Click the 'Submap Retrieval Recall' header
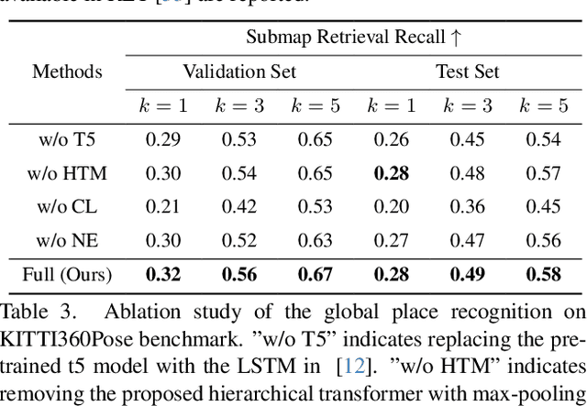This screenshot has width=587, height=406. click(x=344, y=38)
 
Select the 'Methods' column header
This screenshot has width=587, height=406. click(x=67, y=71)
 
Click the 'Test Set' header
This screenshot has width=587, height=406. click(x=468, y=71)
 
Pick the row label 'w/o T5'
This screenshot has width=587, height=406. click(x=67, y=140)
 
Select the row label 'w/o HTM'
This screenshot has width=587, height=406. click(x=67, y=173)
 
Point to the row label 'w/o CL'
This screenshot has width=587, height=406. click(x=67, y=207)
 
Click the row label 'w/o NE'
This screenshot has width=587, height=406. click(x=67, y=240)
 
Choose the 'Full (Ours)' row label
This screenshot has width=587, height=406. click(x=67, y=274)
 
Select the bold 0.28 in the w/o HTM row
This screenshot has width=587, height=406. click(x=392, y=173)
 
